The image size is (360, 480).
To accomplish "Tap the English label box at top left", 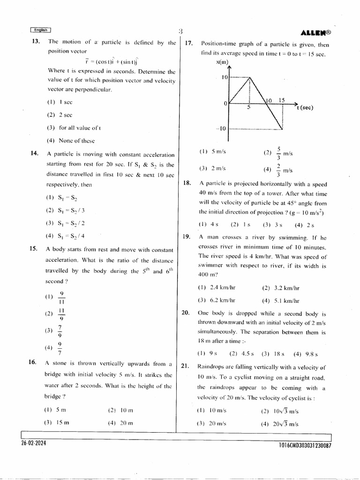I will [x=40, y=30].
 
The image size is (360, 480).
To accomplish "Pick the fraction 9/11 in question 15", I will [x=61, y=297].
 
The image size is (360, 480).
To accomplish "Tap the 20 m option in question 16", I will [x=120, y=422].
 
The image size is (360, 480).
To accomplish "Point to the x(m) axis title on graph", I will [x=222, y=62].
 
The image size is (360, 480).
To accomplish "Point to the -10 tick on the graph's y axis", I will [x=221, y=129].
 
